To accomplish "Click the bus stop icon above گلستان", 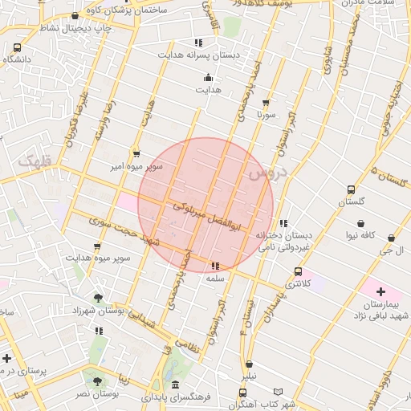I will pos(351,190).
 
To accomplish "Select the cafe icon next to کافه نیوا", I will pos(362,223).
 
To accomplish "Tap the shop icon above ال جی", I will pos(391,238).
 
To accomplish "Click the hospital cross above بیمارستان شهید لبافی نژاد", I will pos(380,291).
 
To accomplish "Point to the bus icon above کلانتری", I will pos(299,272).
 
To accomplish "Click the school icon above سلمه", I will pos(214,266).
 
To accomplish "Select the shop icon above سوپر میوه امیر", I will pos(136,153).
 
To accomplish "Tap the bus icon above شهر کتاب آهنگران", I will pos(242,393).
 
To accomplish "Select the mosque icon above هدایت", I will pos(209,78).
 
